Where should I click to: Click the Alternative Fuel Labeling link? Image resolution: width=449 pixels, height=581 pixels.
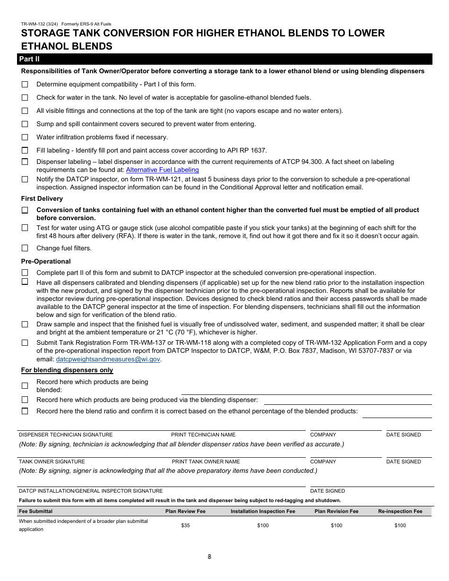click(x=162, y=170)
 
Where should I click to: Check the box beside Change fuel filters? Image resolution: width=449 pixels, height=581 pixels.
click(x=25, y=248)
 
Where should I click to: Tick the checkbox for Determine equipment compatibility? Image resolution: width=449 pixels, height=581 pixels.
click(x=25, y=84)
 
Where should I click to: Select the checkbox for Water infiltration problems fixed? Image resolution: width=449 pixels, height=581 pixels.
click(x=25, y=137)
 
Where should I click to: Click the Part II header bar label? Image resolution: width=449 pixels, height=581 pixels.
click(x=29, y=59)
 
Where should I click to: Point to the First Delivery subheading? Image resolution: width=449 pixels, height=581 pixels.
click(x=42, y=198)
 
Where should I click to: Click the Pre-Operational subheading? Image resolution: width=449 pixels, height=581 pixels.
click(x=46, y=261)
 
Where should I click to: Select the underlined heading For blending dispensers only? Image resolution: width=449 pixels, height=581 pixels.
click(x=67, y=370)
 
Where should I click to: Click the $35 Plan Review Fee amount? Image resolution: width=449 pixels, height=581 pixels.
click(x=185, y=525)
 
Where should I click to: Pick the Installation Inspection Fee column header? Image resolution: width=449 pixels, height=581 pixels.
click(x=263, y=511)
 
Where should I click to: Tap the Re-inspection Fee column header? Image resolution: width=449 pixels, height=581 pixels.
click(x=400, y=511)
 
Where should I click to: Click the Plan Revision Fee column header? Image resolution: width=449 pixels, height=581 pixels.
click(x=337, y=511)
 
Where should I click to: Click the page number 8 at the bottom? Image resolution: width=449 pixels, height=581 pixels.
click(x=209, y=556)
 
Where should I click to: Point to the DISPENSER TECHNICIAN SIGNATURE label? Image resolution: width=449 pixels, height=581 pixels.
click(x=66, y=435)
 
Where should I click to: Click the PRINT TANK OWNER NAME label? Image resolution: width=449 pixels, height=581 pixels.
click(x=206, y=461)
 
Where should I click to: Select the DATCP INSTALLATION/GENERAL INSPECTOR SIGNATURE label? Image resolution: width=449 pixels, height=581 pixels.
click(x=91, y=491)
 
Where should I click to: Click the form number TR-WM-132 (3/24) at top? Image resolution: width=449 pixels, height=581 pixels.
click(x=39, y=24)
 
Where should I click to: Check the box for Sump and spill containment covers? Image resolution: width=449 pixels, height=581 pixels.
click(x=25, y=124)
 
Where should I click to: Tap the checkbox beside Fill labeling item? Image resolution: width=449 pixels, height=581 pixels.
click(x=25, y=150)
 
